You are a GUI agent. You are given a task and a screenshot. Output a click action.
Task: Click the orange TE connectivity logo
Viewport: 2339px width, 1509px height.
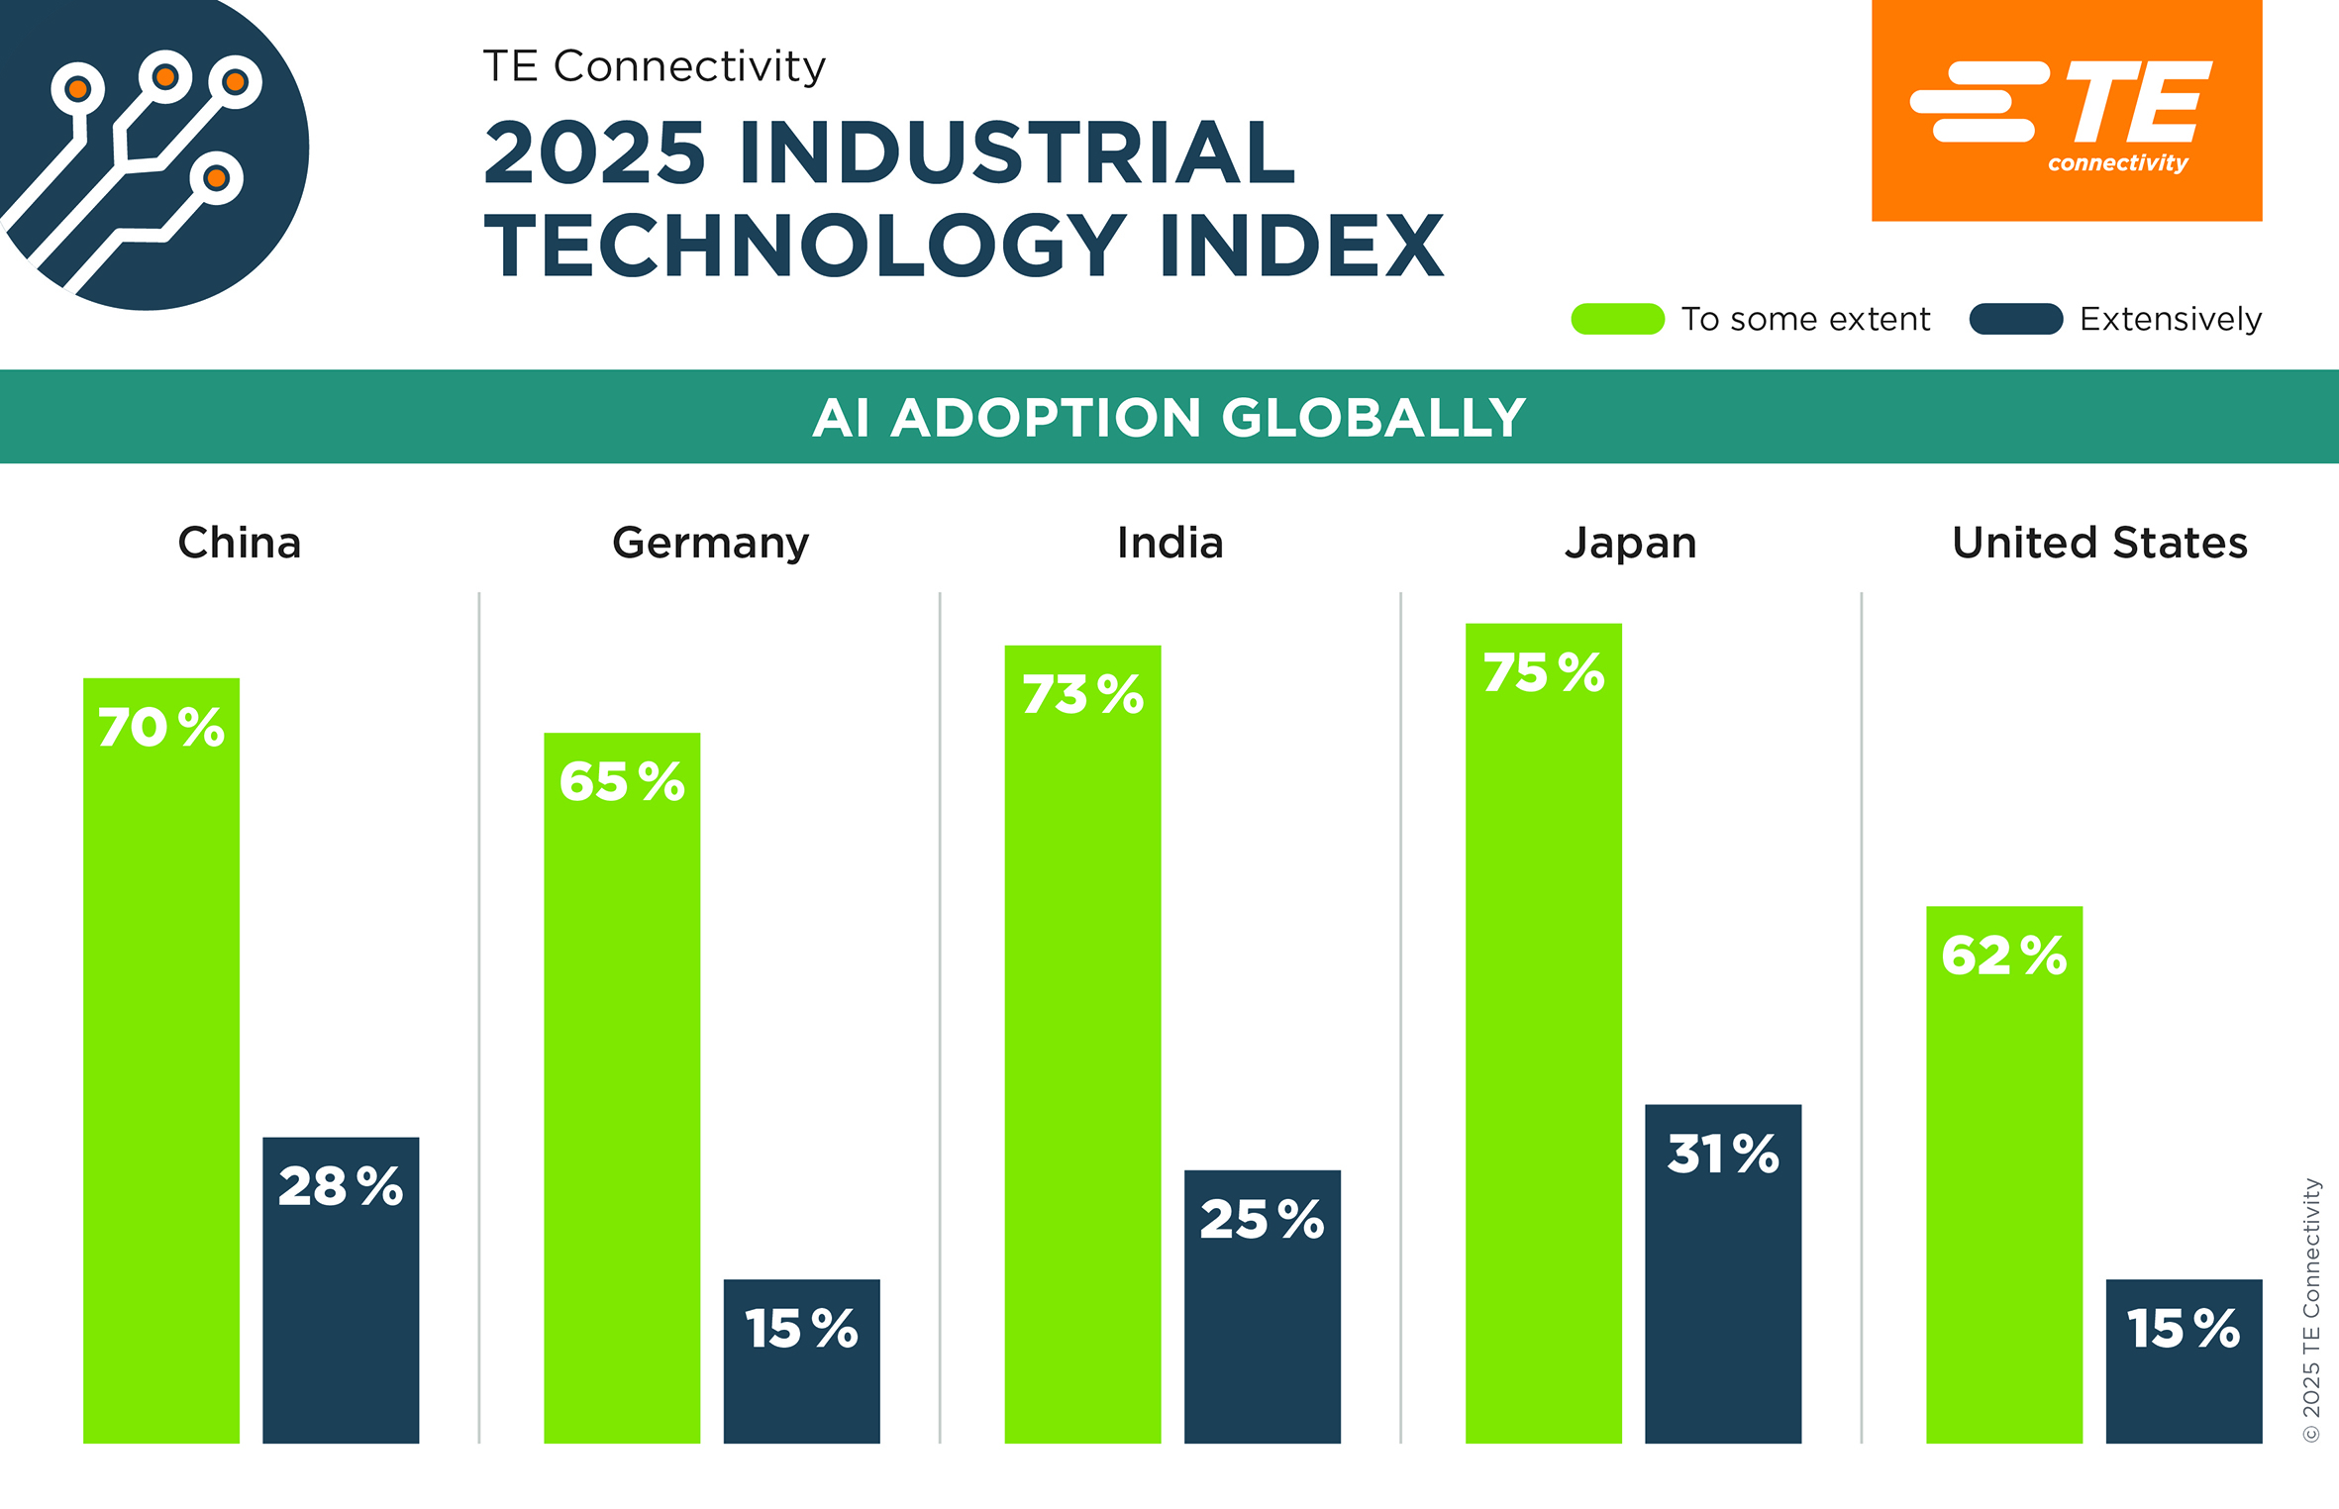pyautogui.click(x=2066, y=111)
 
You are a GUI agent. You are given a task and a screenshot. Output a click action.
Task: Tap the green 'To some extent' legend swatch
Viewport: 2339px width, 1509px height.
pyautogui.click(x=1617, y=319)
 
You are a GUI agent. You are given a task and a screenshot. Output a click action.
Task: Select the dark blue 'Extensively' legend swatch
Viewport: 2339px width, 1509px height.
pyautogui.click(x=2015, y=319)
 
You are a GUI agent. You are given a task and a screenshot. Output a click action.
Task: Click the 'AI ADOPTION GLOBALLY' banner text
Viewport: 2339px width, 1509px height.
pyautogui.click(x=1169, y=417)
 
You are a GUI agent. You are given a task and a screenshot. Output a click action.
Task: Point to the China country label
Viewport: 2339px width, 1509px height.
pyautogui.click(x=240, y=543)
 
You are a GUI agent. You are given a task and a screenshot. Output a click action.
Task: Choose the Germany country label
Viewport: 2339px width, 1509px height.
pyautogui.click(x=710, y=543)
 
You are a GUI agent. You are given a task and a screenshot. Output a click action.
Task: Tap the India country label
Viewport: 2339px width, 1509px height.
pyautogui.click(x=1169, y=543)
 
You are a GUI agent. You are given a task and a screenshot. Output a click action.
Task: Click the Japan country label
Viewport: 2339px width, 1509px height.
pyautogui.click(x=1630, y=543)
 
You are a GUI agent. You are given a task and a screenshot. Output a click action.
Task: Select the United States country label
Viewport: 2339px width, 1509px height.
pyautogui.click(x=2099, y=543)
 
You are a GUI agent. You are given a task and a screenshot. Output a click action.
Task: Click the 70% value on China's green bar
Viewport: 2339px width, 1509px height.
pyautogui.click(x=161, y=727)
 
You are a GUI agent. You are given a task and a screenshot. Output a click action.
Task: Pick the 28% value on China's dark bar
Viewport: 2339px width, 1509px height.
pyautogui.click(x=341, y=1185)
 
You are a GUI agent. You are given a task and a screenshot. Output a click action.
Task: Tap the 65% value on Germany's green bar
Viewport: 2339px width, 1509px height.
pyautogui.click(x=622, y=781)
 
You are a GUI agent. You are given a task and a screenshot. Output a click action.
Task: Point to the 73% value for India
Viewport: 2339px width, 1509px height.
pyautogui.click(x=1082, y=693)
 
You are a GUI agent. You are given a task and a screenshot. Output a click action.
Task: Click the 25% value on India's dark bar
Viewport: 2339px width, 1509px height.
pyautogui.click(x=1262, y=1218)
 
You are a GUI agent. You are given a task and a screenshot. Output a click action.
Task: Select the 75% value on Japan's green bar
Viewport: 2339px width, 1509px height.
pyautogui.click(x=1543, y=672)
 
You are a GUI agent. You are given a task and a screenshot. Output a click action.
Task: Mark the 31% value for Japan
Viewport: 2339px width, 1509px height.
pyautogui.click(x=1723, y=1154)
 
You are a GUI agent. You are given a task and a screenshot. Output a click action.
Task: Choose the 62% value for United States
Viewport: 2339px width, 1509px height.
pyautogui.click(x=2004, y=956)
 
